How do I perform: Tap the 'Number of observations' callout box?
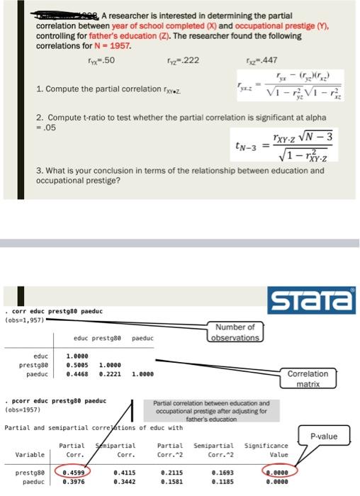click(x=236, y=332)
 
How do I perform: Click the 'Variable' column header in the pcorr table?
click(x=28, y=454)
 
